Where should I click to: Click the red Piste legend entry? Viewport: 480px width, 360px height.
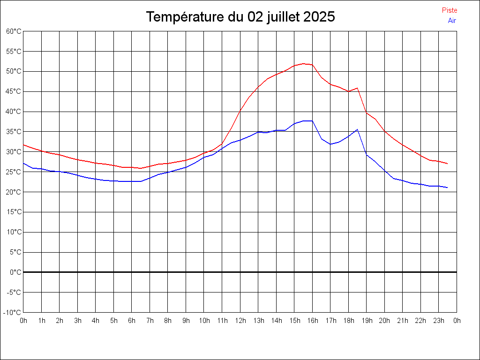click(x=450, y=10)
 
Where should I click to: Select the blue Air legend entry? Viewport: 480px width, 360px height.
click(x=452, y=21)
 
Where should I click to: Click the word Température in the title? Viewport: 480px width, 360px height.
click(x=186, y=17)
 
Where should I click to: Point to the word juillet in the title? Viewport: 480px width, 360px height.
click(x=283, y=17)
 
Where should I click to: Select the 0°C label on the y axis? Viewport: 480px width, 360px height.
click(x=16, y=272)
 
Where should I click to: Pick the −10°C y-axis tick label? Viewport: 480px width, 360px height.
click(x=13, y=313)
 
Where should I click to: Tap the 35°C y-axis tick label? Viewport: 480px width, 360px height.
click(x=14, y=132)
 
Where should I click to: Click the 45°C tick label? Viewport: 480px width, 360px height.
click(x=14, y=91)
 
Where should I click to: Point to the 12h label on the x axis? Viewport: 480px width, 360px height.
click(x=240, y=321)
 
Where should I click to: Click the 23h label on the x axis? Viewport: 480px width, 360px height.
click(x=439, y=321)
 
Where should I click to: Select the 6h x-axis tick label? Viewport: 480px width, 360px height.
click(x=132, y=321)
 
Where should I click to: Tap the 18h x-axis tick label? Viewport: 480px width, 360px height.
click(x=349, y=321)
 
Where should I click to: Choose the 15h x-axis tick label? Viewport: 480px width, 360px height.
click(x=294, y=321)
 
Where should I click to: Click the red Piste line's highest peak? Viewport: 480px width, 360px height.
click(x=303, y=63)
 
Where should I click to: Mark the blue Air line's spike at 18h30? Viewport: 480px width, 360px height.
click(x=357, y=129)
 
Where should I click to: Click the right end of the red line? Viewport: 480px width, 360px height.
click(x=448, y=164)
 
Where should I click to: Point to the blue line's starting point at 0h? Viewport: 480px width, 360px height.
click(x=23, y=163)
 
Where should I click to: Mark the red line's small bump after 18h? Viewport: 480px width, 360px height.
click(x=357, y=88)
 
